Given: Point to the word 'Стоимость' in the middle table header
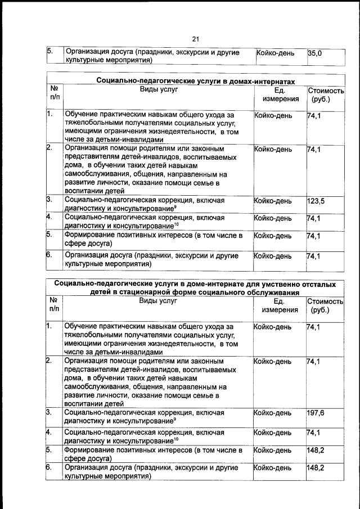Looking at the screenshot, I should point(326,91).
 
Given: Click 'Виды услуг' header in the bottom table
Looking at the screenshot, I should point(158,300).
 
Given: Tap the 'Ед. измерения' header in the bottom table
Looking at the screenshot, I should point(280,305).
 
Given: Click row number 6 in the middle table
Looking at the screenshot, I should point(49,255).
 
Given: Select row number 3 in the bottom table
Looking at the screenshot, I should point(49,413).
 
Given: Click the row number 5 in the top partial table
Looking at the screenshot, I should point(49,52).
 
